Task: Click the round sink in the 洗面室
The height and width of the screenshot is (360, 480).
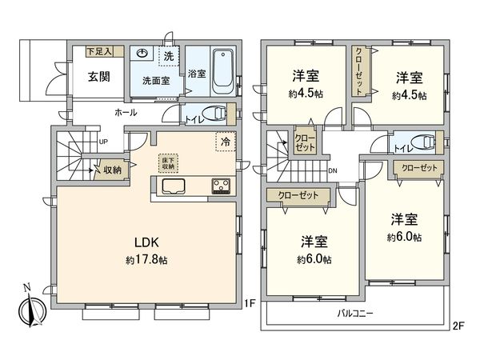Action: pyautogui.click(x=142, y=55)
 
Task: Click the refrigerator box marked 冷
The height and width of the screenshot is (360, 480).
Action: pyautogui.click(x=225, y=142)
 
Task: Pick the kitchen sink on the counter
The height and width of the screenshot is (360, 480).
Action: pyautogui.click(x=174, y=187)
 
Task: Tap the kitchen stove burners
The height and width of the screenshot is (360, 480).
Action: pyautogui.click(x=222, y=187)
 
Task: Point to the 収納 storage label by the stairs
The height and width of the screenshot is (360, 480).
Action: pyautogui.click(x=111, y=170)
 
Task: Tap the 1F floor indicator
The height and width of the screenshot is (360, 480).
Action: pyautogui.click(x=250, y=303)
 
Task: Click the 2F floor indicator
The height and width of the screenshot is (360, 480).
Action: pyautogui.click(x=458, y=325)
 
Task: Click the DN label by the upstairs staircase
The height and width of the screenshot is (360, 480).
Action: pyautogui.click(x=332, y=170)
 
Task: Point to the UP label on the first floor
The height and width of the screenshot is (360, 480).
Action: pyautogui.click(x=103, y=142)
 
